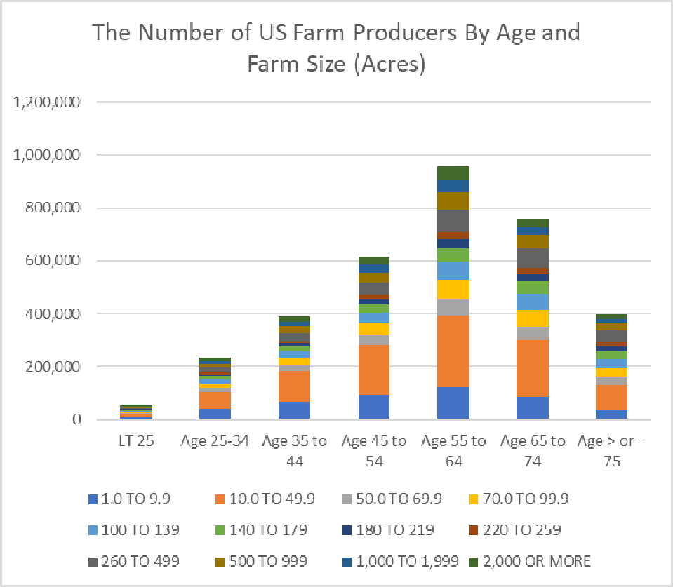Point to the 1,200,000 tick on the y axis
click(x=48, y=102)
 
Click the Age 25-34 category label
click(x=214, y=442)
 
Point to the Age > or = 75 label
click(x=613, y=450)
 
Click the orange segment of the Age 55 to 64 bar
click(x=453, y=351)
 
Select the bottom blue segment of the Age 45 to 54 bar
click(x=373, y=407)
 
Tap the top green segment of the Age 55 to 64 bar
click(x=453, y=173)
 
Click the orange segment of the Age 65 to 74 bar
click(x=533, y=368)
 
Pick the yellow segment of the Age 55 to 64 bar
click(x=453, y=290)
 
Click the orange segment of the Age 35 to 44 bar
click(x=294, y=386)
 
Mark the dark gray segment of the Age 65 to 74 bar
click(x=533, y=257)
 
